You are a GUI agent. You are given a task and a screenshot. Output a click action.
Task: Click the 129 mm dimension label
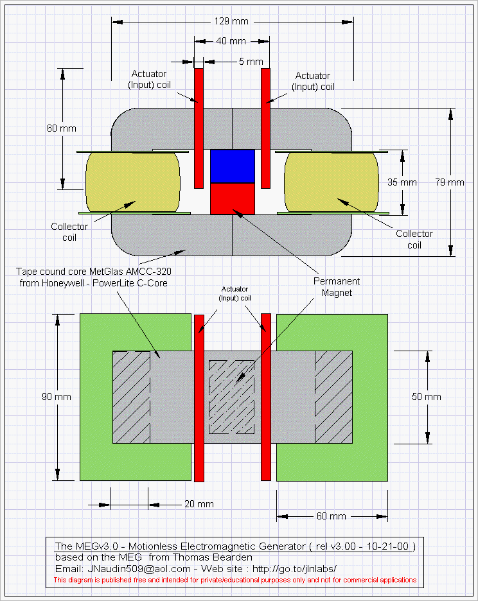[x=231, y=21]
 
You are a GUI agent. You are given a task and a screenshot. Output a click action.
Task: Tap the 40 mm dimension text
[x=231, y=41]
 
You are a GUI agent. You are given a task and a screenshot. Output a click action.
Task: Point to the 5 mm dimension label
[x=251, y=62]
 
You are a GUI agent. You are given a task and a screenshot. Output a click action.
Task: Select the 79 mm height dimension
[x=450, y=182]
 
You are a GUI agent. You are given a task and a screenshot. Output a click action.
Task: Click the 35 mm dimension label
[x=402, y=182]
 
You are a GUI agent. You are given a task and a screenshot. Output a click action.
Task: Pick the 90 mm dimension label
[x=57, y=397]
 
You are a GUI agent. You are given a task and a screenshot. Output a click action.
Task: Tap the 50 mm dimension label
[x=427, y=397]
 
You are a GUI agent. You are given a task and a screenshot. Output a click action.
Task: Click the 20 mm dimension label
[x=199, y=504]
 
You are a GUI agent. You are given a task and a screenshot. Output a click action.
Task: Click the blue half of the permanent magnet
[x=233, y=166]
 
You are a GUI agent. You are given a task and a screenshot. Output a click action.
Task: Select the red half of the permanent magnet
[x=233, y=198]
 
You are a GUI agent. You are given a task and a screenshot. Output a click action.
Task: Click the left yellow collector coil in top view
[x=133, y=182]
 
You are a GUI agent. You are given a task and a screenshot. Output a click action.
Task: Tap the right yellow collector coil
[x=332, y=182]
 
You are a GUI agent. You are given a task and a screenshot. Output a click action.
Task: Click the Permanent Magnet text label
[x=337, y=287]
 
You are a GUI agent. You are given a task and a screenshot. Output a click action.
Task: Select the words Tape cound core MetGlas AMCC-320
[x=94, y=272]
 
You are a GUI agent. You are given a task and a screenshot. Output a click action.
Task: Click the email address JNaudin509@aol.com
[x=139, y=569]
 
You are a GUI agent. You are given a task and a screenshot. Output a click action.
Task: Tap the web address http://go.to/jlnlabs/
[x=294, y=569]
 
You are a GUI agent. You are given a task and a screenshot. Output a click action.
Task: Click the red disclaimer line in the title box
[x=235, y=580]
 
